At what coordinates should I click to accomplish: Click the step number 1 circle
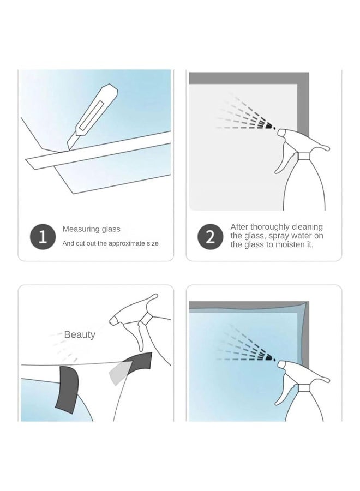pos(43,236)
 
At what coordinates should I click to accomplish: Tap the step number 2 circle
pos(211,236)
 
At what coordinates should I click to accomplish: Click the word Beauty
pos(80,334)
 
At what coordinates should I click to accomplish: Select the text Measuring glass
pos(92,229)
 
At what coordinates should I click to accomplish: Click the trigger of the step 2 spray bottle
pos(283,160)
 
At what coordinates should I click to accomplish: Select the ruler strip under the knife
pos(99,151)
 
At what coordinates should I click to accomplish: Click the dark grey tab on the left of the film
pos(67,389)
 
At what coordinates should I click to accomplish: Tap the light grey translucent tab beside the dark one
pos(119,373)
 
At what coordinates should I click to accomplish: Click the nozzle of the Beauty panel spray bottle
pos(114,320)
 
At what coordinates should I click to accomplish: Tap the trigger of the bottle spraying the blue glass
pos(283,391)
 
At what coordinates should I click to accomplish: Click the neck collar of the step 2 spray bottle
pos(304,156)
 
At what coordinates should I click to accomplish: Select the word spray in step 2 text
pos(279,236)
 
